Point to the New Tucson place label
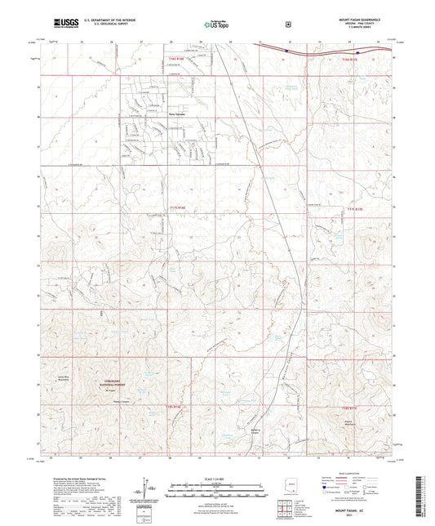(177, 114)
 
